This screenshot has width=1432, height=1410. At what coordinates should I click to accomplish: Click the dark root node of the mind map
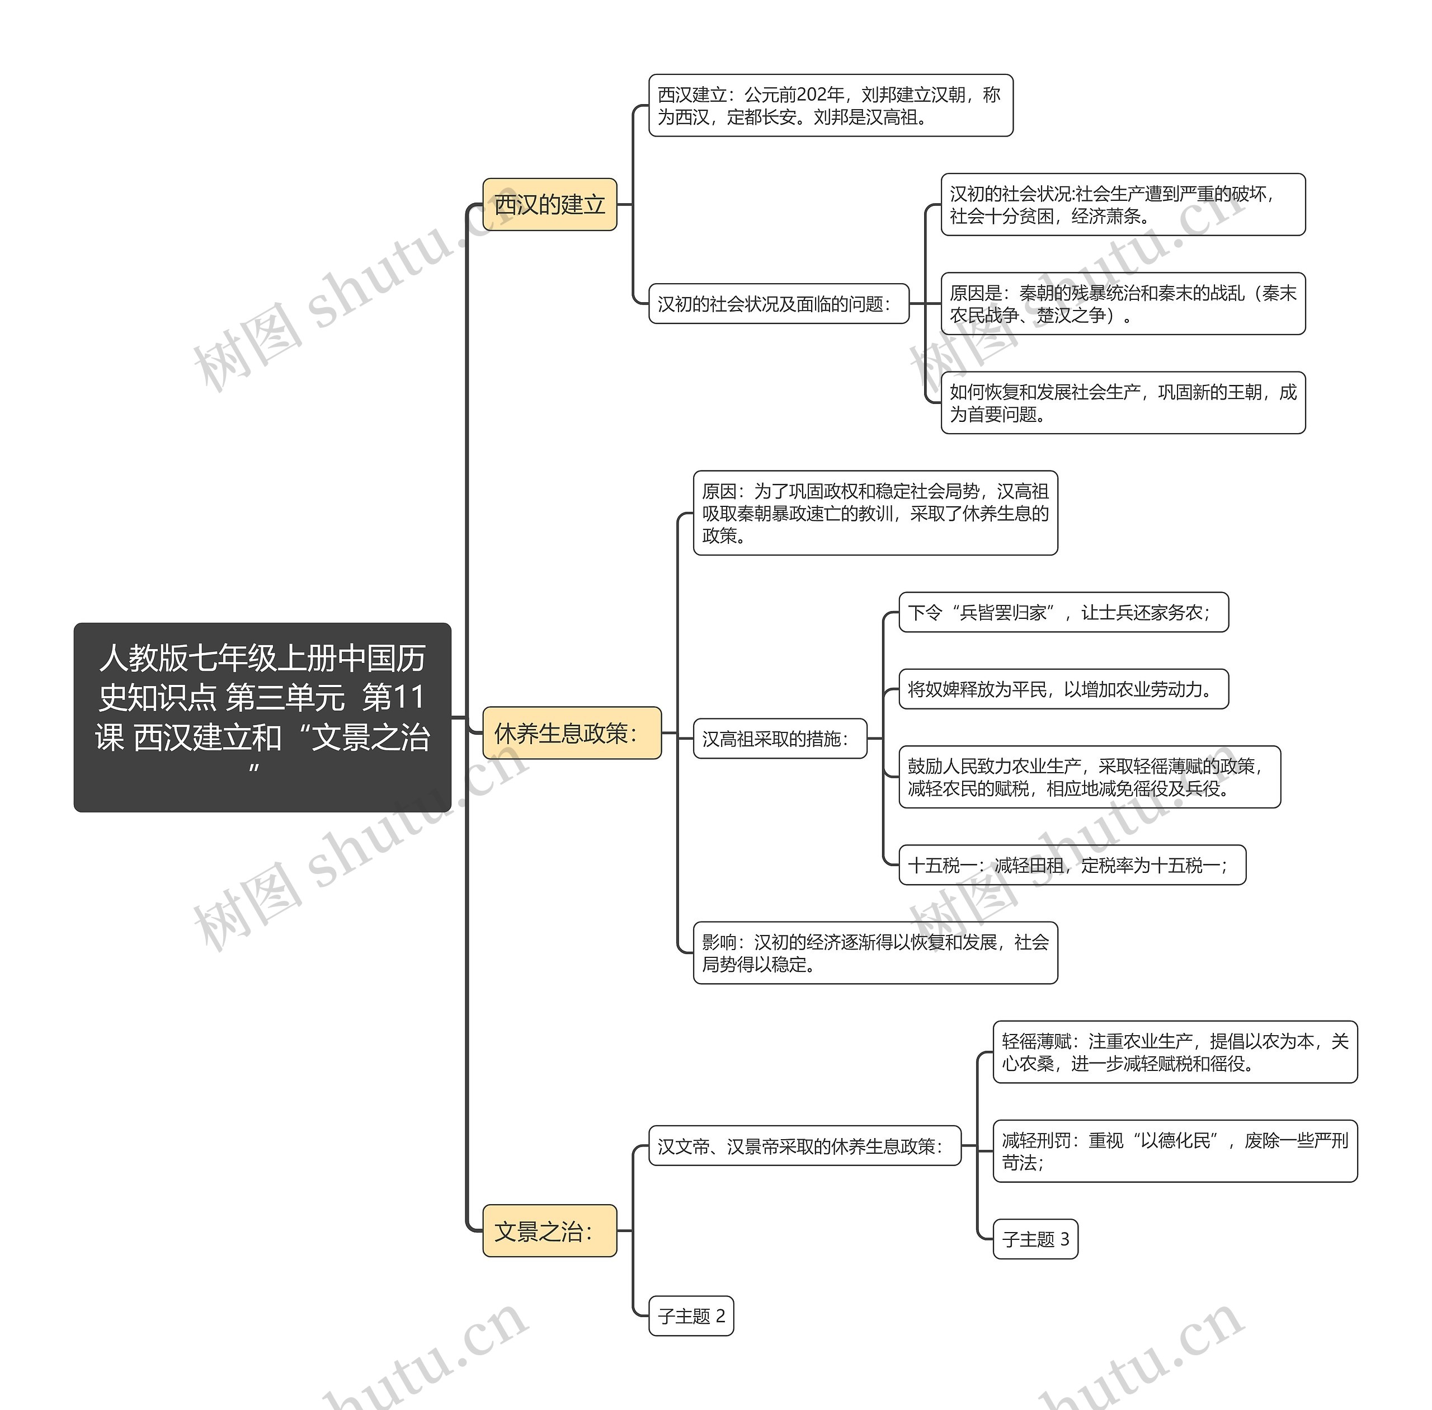pyautogui.click(x=262, y=716)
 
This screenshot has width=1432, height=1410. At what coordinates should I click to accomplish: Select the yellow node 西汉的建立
pyautogui.click(x=549, y=204)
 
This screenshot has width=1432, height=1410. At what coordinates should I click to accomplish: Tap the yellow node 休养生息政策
pyautogui.click(x=572, y=732)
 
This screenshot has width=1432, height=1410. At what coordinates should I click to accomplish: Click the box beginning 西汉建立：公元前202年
pyautogui.click(x=830, y=105)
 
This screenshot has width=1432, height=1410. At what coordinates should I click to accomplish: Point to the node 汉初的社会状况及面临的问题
pyautogui.click(x=778, y=304)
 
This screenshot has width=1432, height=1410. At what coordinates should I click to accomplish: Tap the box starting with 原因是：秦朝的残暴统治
pyautogui.click(x=1123, y=304)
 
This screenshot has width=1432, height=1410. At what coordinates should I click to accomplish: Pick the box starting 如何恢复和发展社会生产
pyautogui.click(x=1123, y=403)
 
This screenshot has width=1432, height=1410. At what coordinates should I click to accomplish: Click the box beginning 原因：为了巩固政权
pyautogui.click(x=875, y=513)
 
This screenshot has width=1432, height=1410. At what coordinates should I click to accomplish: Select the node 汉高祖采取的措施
pyautogui.click(x=780, y=739)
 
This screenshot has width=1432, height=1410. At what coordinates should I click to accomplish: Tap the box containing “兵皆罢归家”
pyautogui.click(x=1063, y=613)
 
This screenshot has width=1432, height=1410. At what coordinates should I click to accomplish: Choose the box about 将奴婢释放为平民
pyautogui.click(x=1063, y=689)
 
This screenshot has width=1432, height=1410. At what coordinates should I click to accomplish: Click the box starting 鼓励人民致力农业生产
pyautogui.click(x=1089, y=777)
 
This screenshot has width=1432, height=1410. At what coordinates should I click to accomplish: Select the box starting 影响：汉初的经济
pyautogui.click(x=875, y=952)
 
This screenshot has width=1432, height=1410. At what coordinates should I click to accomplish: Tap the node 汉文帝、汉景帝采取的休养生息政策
pyautogui.click(x=805, y=1146)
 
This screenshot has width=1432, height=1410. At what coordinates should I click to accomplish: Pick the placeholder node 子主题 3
pyautogui.click(x=1035, y=1239)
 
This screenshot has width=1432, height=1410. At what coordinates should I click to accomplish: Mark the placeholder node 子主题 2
pyautogui.click(x=691, y=1316)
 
